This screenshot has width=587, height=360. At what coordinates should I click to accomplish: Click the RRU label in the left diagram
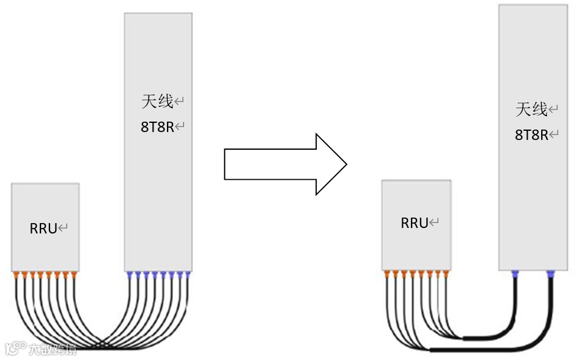44,229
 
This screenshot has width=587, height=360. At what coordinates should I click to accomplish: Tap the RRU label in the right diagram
415,223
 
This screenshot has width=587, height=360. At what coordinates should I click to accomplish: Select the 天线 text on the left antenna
158,101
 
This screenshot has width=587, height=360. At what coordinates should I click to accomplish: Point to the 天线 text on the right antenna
531,109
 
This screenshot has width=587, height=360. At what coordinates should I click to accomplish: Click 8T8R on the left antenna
157,127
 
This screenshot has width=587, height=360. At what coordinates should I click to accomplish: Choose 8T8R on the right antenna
531,135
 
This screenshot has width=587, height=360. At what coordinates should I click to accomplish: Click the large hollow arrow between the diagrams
285,164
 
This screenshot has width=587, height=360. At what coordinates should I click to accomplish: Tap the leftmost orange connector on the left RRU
16,275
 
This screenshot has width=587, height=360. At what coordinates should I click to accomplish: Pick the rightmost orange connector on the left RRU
75,275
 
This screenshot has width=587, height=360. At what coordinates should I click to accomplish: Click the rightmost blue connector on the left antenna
188,275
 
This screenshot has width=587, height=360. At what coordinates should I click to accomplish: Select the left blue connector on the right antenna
515,274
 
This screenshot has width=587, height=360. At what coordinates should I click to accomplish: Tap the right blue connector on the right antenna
550,274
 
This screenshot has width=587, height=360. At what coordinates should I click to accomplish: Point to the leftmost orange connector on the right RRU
387,273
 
